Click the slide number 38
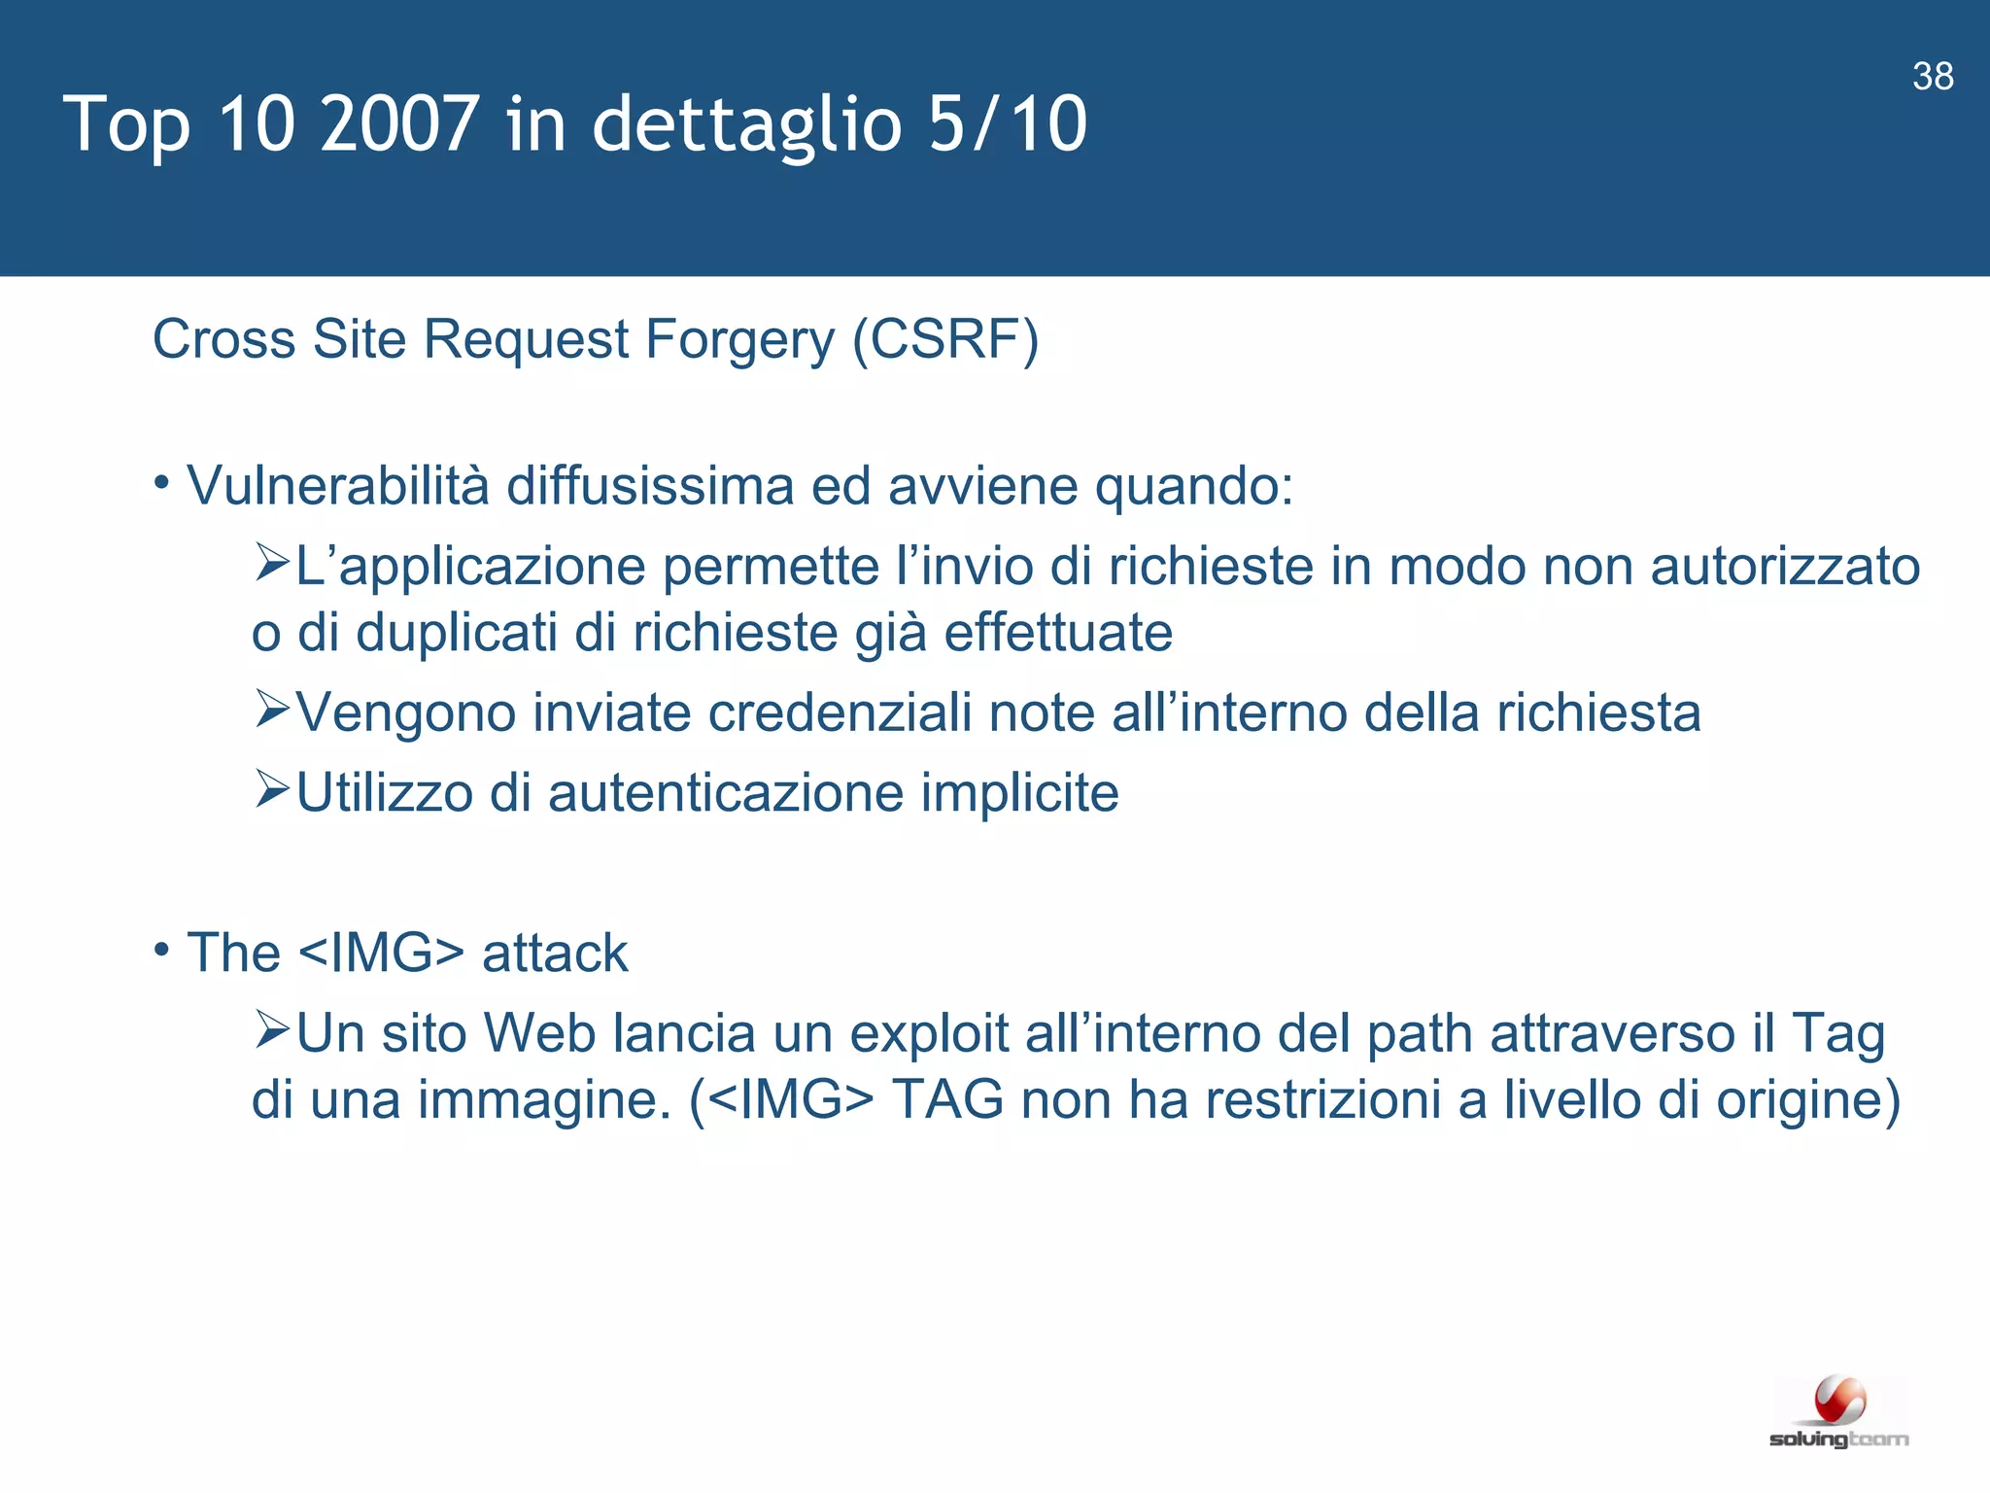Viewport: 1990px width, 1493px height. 1933,77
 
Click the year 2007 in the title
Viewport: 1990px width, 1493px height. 398,124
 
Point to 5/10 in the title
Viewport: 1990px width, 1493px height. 1008,124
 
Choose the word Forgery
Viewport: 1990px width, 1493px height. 739,340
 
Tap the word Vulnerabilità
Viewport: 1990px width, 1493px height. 338,485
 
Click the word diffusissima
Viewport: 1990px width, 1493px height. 650,485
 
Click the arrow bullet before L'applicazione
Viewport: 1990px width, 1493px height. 273,563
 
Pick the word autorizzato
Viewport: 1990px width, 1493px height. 1785,567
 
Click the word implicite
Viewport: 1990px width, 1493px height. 1019,793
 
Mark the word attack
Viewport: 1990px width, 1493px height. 555,953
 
